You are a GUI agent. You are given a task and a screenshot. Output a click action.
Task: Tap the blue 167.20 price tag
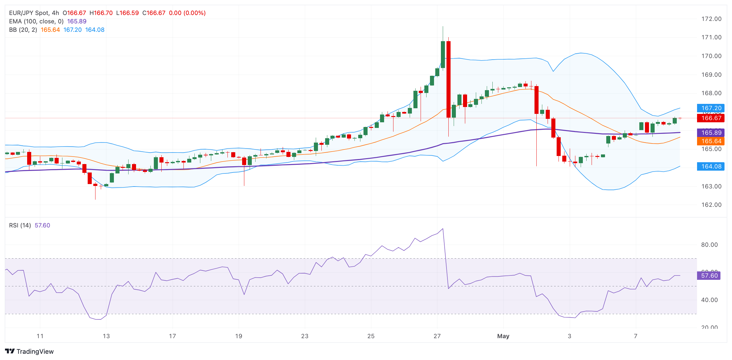[x=711, y=108]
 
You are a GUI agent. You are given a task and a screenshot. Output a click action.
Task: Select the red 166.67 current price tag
[x=711, y=118]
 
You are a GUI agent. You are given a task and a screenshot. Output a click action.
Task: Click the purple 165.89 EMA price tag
[x=711, y=133]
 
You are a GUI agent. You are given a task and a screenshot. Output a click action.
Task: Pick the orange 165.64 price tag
[x=711, y=141]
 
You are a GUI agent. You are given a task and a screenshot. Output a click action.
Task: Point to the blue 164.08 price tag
[x=711, y=167]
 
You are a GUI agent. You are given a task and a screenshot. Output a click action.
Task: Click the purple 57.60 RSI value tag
[x=709, y=276]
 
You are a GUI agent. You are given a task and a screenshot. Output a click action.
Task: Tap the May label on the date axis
[x=503, y=336]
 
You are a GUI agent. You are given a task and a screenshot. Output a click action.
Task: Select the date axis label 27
[x=437, y=336]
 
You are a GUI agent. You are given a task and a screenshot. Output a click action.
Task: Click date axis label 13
[x=106, y=336]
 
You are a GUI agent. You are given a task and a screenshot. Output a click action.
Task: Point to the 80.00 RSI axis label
[x=709, y=245]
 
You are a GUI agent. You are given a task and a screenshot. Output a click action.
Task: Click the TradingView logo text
[x=35, y=352]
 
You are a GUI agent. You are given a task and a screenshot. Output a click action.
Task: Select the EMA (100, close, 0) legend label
[x=36, y=22]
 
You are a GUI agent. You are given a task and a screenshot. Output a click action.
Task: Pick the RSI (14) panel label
[x=20, y=226]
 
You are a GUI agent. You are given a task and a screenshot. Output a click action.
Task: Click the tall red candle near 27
[x=448, y=79]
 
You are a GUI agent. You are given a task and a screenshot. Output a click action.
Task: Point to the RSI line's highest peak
[x=443, y=229]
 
